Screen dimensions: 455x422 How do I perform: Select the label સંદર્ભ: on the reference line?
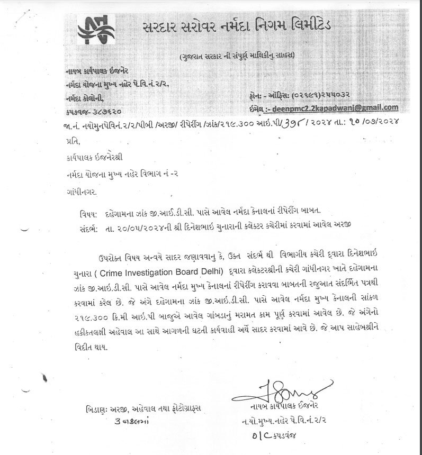point(87,227)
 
